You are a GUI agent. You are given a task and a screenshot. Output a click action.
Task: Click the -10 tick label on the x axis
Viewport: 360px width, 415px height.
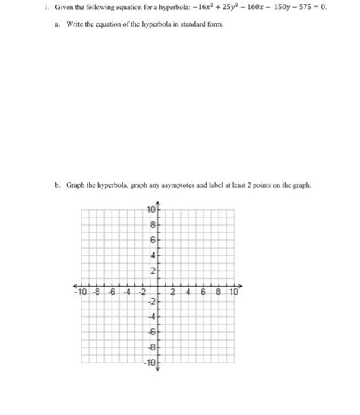tap(80, 292)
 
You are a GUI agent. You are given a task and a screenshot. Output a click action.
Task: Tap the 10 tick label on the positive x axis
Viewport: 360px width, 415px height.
tap(232, 292)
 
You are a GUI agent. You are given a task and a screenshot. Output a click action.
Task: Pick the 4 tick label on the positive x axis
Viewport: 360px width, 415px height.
tap(188, 292)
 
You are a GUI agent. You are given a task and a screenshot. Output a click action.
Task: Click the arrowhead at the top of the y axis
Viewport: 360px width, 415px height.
tap(156, 201)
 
